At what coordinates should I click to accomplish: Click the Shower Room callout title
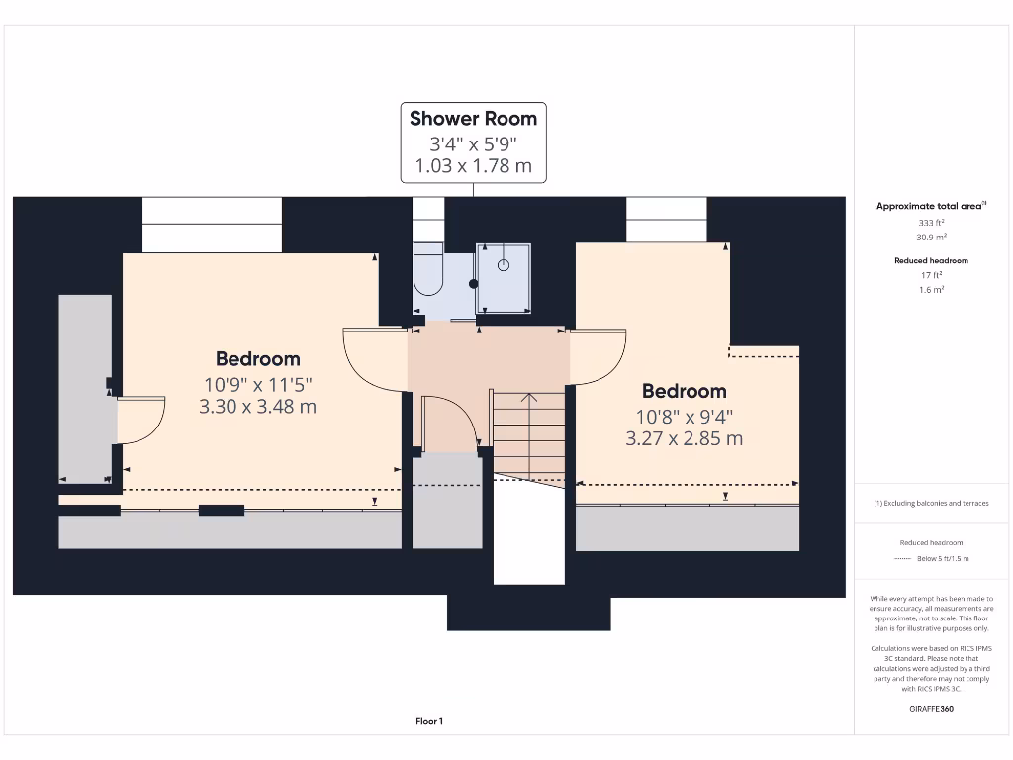pos(473,119)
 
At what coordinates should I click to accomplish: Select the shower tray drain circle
pos(504,265)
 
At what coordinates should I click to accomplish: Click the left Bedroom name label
pos(257,359)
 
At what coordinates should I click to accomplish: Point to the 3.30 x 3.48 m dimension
pos(257,407)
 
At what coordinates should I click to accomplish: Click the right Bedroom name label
pos(684,391)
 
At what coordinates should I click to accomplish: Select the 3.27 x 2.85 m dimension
pos(684,438)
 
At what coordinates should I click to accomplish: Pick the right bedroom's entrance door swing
pos(598,356)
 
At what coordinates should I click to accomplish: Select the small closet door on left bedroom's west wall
pos(138,421)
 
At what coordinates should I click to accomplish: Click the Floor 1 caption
pos(429,721)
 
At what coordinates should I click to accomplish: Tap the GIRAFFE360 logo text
pos(931,709)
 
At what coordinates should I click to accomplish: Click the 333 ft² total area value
pos(931,223)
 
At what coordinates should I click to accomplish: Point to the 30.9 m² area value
pos(931,237)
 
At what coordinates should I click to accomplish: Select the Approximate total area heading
pos(930,206)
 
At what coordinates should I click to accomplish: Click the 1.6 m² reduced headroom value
pos(931,290)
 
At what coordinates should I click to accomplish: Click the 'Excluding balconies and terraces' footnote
pos(931,504)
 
